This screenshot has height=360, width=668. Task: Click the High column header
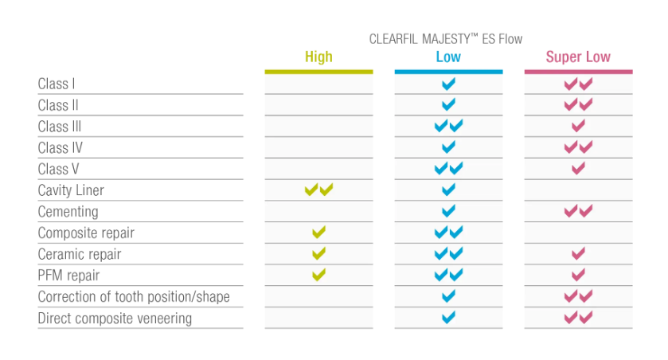click(x=318, y=57)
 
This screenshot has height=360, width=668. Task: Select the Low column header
click(x=448, y=57)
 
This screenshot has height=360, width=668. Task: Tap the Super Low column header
click(x=578, y=57)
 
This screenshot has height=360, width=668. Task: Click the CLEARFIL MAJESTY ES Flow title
click(x=446, y=38)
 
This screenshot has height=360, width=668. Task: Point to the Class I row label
click(x=57, y=84)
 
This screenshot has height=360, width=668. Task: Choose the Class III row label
click(x=60, y=127)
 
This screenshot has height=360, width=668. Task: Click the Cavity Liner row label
click(x=71, y=190)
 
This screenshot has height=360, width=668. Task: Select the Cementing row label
click(x=68, y=212)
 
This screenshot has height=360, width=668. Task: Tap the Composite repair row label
click(x=86, y=233)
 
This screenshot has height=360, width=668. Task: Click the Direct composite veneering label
click(x=115, y=319)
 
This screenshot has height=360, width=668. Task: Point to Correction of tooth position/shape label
click(x=134, y=297)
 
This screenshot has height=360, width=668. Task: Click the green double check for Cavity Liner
click(x=318, y=190)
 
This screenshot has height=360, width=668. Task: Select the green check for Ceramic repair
click(x=318, y=254)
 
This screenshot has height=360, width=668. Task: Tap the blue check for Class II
click(x=448, y=104)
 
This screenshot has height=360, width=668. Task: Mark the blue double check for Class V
click(x=448, y=169)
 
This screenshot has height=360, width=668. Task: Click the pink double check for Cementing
click(x=578, y=211)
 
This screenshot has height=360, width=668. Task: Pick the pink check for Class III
click(x=578, y=126)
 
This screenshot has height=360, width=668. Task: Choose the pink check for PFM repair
click(x=578, y=276)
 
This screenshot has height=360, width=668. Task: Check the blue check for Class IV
click(x=448, y=147)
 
